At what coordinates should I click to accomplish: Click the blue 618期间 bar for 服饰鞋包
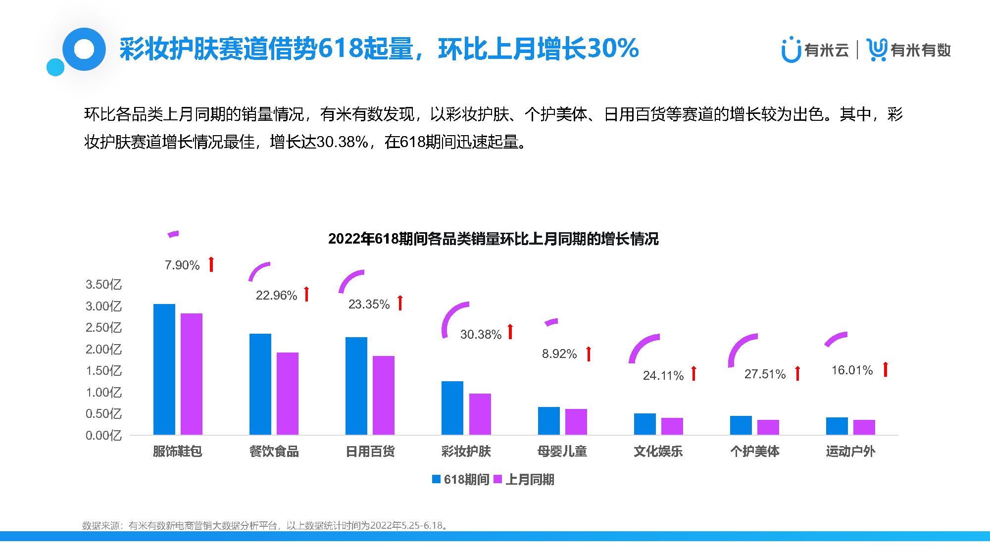click(164, 369)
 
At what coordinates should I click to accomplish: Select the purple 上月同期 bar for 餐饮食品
click(288, 394)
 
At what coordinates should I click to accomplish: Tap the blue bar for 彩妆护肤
click(452, 408)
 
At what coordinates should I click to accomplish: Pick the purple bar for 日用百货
click(384, 395)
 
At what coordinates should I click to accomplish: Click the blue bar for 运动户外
click(837, 426)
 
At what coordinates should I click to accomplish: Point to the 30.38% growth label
click(481, 335)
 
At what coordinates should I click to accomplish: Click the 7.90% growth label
click(182, 265)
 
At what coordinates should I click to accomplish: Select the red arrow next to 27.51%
click(797, 373)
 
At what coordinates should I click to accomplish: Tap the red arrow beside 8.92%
click(589, 354)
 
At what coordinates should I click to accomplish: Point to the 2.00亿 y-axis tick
click(103, 350)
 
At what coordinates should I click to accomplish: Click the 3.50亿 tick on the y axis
click(103, 285)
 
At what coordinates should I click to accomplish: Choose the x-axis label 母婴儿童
click(562, 452)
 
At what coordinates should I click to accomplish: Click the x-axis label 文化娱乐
click(658, 452)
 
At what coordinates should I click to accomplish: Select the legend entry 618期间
click(461, 479)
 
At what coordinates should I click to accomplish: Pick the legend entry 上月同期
click(525, 479)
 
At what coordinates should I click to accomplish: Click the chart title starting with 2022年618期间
click(493, 239)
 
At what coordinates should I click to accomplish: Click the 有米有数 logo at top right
click(909, 50)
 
